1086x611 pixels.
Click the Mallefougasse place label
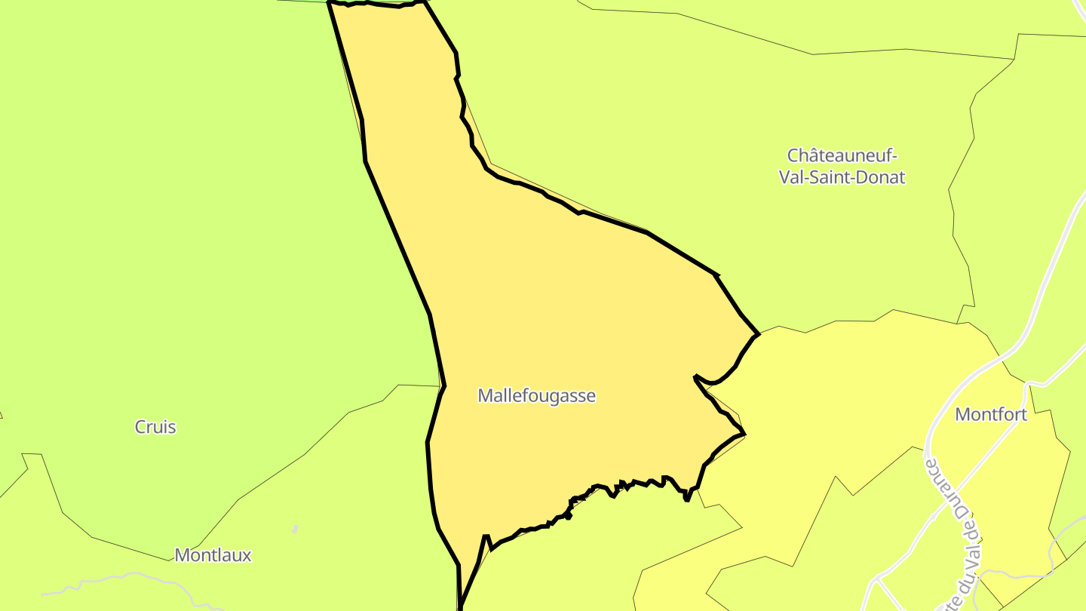point(536,395)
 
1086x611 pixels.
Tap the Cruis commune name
point(155,427)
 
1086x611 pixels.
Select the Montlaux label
point(213,555)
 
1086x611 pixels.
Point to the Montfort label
point(991,414)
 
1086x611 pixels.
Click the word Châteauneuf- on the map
point(842,155)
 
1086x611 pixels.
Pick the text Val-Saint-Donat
point(842,178)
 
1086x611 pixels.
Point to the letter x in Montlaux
point(246,556)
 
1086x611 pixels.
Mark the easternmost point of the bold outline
point(758,334)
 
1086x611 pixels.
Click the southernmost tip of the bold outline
point(459,607)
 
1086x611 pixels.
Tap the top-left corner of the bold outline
point(330,2)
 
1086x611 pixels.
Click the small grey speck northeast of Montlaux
point(295,529)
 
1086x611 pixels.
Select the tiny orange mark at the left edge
point(1,414)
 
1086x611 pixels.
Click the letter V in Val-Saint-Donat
point(784,178)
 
